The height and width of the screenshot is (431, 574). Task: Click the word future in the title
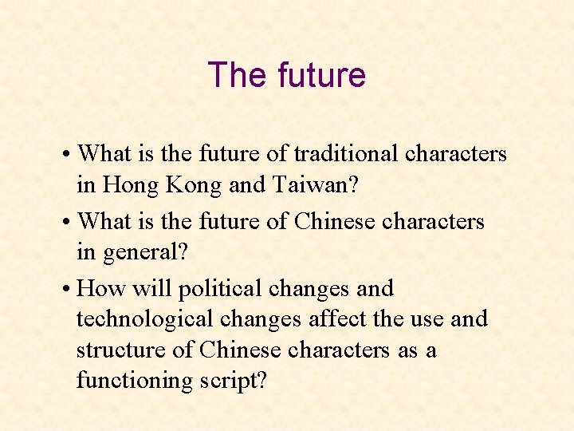pos(322,75)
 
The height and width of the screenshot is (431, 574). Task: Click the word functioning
pos(132,381)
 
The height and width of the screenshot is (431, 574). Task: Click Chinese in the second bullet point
pos(332,221)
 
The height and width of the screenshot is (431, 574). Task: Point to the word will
pos(152,287)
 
